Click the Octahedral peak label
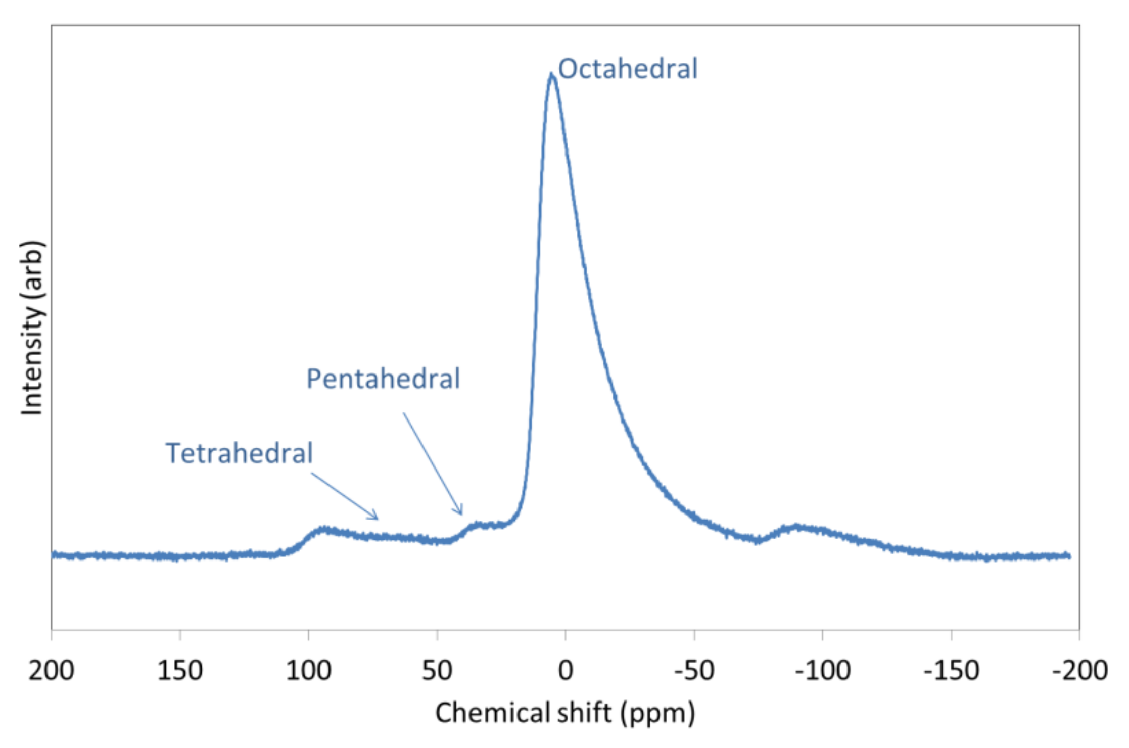tap(627, 69)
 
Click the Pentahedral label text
tap(383, 379)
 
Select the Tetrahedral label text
tap(239, 453)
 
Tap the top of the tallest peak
tap(551, 75)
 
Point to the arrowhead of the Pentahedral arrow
tap(461, 513)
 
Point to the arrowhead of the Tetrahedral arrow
tap(376, 518)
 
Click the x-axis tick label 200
tap(52, 671)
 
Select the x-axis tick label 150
tap(180, 671)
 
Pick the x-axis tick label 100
tap(308, 671)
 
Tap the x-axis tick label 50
tap(437, 671)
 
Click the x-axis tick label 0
tap(566, 671)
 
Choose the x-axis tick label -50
tap(694, 671)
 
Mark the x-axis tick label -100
tap(822, 671)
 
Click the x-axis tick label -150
tap(951, 671)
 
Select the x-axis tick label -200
tap(1079, 671)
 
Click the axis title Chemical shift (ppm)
tap(565, 713)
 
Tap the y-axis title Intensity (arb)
tap(32, 328)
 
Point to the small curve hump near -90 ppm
tap(797, 528)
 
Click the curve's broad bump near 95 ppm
tap(322, 530)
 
